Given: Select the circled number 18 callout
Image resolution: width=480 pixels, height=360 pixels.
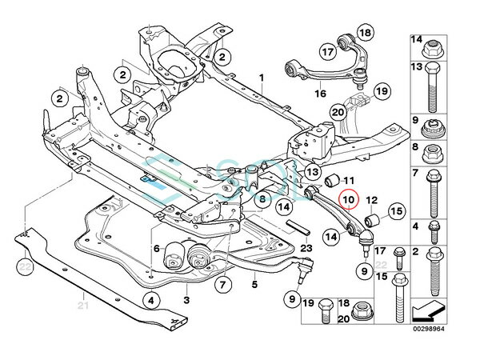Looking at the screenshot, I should [365, 33].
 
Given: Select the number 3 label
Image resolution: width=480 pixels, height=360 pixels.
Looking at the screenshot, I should [186, 300].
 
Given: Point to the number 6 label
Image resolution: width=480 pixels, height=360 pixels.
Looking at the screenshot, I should [158, 249].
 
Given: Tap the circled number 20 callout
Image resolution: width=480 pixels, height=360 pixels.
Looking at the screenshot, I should [337, 113].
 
